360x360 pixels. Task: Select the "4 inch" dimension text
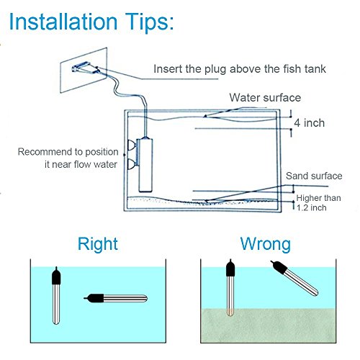309,123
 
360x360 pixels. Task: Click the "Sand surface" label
313,176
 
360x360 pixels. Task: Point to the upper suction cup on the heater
130,144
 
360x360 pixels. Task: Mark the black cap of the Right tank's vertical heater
55,276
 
